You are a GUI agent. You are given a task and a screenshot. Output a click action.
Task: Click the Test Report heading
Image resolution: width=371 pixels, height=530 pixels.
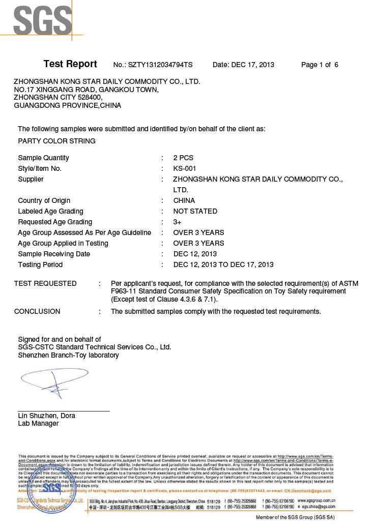point(70,64)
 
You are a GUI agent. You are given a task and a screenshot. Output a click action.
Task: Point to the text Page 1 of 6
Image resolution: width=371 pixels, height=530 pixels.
point(320,65)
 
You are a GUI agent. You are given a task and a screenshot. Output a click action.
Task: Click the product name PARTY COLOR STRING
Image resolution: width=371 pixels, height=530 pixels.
point(56,141)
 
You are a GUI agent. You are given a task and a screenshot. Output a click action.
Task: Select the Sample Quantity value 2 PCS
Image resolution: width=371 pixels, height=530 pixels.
point(183,158)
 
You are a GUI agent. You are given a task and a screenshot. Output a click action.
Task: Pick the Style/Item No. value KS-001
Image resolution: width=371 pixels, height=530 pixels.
point(185,168)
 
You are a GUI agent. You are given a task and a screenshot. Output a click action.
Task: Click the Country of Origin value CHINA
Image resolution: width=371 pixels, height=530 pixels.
point(184,200)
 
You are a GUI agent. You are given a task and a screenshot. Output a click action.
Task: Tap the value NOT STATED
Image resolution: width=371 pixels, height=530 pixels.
point(195,211)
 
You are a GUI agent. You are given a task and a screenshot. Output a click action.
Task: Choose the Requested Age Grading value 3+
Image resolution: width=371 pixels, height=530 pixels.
point(178,222)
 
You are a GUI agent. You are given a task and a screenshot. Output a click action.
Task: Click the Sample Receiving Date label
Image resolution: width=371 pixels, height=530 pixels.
point(54,254)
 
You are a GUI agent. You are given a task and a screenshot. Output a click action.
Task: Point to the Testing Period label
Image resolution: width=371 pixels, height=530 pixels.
point(40,264)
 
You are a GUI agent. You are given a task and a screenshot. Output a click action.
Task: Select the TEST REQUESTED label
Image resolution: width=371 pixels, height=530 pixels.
point(45,283)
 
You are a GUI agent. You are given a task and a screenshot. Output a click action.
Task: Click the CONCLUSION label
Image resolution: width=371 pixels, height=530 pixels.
point(37,311)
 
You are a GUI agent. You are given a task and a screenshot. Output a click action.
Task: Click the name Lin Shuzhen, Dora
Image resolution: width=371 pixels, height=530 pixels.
point(46,416)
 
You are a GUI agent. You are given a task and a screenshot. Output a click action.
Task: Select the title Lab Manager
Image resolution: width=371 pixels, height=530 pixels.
point(38,423)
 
